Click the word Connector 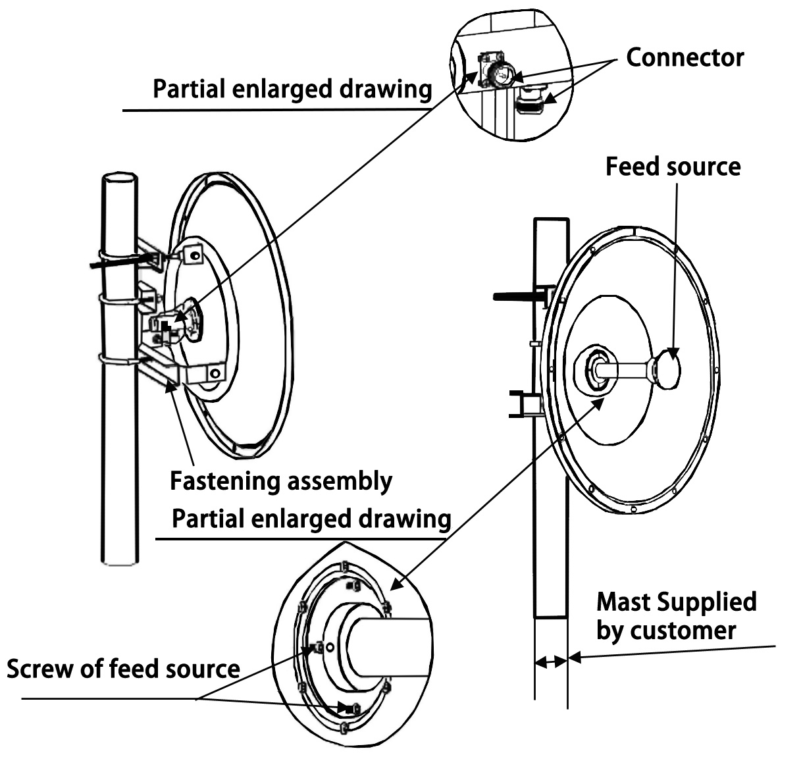(685, 58)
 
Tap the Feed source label (673, 167)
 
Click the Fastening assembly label (281, 481)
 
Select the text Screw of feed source (123, 669)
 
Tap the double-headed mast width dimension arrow (551, 662)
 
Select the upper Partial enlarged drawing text (292, 89)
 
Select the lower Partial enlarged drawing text (311, 519)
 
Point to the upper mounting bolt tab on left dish (193, 253)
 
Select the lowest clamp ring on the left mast (118, 360)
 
